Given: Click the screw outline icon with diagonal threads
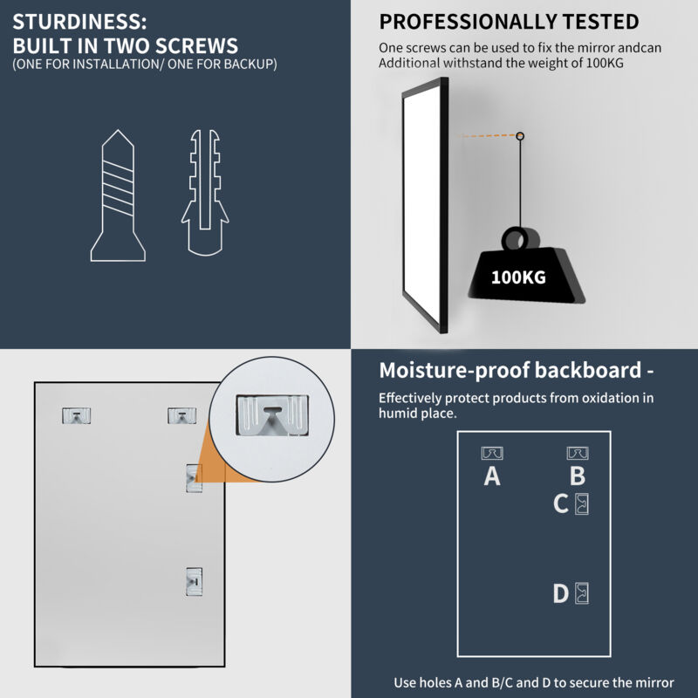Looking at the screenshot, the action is [118, 195].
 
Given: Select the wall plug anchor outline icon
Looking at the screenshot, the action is [205, 192].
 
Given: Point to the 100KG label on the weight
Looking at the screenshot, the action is [518, 277].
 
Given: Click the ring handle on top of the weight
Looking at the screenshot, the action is [519, 239].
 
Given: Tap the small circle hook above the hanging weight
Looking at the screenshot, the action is [520, 136].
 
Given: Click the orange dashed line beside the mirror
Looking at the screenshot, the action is [489, 135].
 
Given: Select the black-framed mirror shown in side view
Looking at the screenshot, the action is [426, 205].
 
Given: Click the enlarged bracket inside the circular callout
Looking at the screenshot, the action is [272, 415].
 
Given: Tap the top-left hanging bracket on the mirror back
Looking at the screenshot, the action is [76, 415].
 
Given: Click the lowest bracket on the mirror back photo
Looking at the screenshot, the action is [194, 581].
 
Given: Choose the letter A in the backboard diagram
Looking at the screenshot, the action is [492, 476].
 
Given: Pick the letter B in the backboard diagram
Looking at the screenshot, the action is [578, 476].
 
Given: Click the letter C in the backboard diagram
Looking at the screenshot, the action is [561, 504].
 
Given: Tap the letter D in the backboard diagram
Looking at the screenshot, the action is [561, 593].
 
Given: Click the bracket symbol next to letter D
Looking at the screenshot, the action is [582, 593].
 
